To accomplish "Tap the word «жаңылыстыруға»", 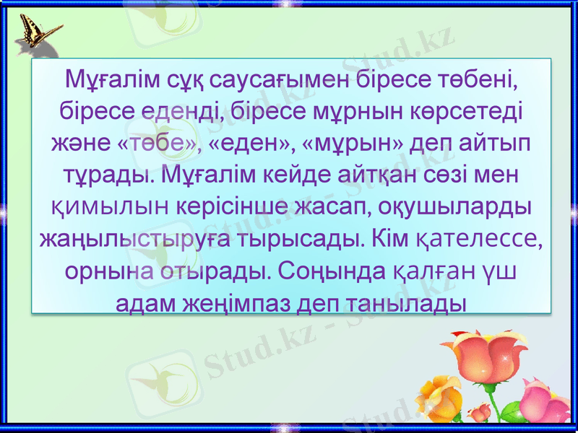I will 133,240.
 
